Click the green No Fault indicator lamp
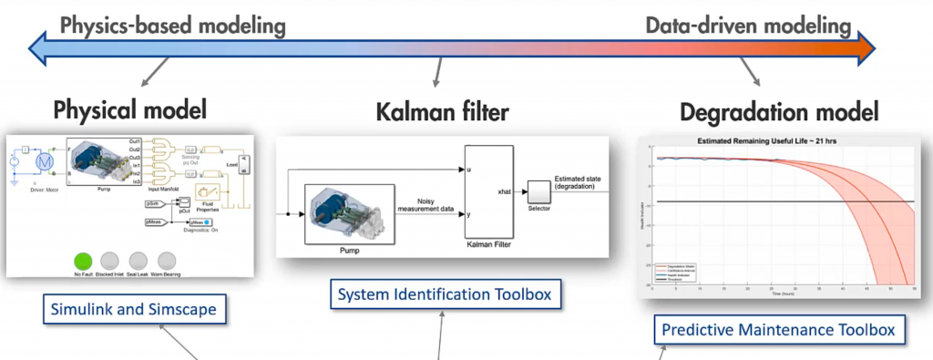(x=84, y=261)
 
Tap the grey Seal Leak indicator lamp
(x=138, y=261)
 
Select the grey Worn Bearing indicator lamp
(x=167, y=261)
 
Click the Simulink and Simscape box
(x=133, y=309)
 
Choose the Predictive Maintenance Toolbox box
(x=779, y=328)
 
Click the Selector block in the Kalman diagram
(x=538, y=192)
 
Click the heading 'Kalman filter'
(x=442, y=113)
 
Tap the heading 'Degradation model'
(x=779, y=113)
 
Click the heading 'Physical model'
(x=130, y=110)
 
